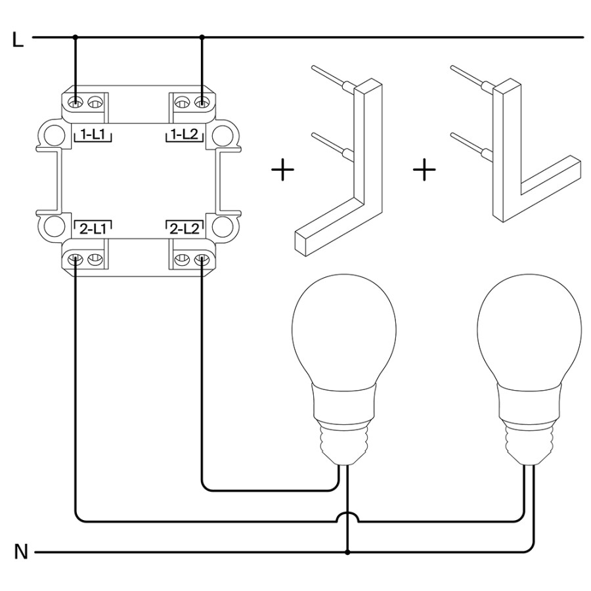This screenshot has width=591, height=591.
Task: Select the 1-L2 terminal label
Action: [185, 135]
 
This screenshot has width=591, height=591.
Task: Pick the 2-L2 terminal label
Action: [185, 229]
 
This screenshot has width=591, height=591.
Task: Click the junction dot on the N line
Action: [347, 552]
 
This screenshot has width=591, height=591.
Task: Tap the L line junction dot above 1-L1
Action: [76, 37]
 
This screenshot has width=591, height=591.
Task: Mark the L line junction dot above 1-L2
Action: [202, 37]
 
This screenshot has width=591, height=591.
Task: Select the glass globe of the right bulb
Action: [529, 328]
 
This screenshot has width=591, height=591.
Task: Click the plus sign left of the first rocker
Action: [282, 171]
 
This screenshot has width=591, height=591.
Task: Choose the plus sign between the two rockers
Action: [425, 171]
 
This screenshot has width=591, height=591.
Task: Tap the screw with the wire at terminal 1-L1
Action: [76, 102]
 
